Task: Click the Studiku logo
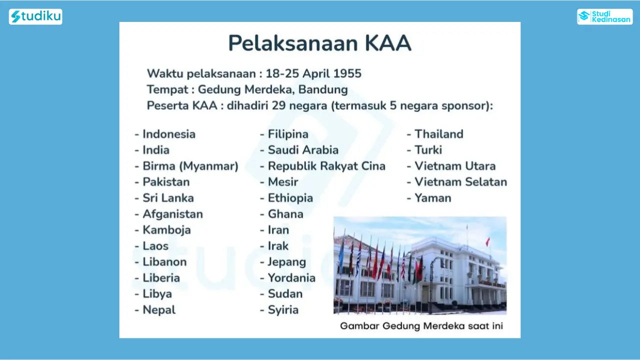tap(35, 16)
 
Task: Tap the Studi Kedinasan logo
tap(605, 16)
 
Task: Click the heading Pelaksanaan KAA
tap(319, 43)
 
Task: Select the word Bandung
tap(323, 89)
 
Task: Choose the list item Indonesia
tap(169, 134)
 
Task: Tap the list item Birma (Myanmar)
tap(190, 166)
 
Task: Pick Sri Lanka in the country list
tap(168, 198)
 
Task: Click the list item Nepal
tap(159, 310)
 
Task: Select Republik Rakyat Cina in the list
tap(326, 166)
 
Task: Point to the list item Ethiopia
tap(290, 198)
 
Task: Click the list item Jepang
tap(287, 262)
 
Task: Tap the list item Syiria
tap(283, 310)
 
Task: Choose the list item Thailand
tap(439, 134)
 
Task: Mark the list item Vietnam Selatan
tap(461, 182)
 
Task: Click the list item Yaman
tap(433, 198)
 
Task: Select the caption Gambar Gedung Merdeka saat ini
tap(421, 326)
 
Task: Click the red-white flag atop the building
tap(487, 242)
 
